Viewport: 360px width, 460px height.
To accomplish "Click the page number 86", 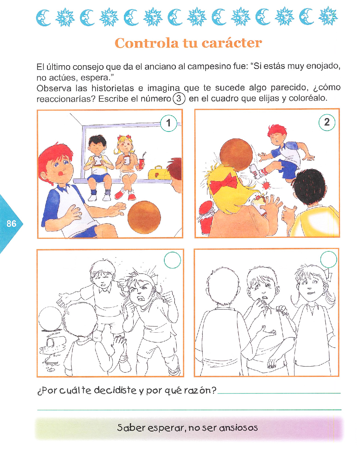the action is (11, 224).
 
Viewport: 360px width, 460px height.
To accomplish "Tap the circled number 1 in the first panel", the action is (169, 123).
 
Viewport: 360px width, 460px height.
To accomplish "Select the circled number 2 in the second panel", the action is (327, 122).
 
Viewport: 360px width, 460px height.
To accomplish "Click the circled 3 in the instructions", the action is (179, 99).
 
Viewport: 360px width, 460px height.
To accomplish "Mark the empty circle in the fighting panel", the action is (173, 260).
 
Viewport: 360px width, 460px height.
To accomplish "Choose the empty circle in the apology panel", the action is (329, 260).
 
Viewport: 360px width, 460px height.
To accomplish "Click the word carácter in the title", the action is (232, 43).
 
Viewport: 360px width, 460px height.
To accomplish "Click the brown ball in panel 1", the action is (144, 217).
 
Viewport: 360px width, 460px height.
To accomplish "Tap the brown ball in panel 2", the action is (236, 155).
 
